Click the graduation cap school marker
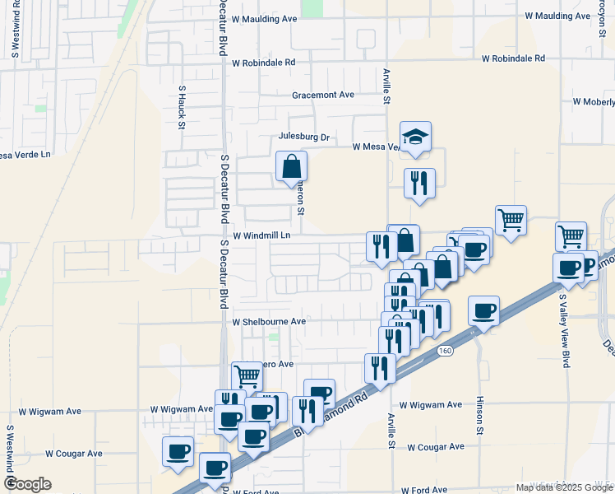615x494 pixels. [416, 137]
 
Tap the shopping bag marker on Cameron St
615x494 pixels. [291, 166]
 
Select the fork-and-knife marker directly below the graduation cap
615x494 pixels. [419, 183]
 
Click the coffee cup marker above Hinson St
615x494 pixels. [484, 311]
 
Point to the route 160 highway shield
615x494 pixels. [445, 351]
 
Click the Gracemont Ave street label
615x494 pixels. [323, 95]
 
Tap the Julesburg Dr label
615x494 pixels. [304, 137]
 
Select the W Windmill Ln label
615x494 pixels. [262, 235]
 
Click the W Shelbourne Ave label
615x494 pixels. [269, 322]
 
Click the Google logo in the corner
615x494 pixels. [27, 483]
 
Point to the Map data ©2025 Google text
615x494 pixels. [564, 487]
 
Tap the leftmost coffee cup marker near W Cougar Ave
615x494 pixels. [178, 451]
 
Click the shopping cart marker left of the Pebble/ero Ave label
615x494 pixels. [247, 376]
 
